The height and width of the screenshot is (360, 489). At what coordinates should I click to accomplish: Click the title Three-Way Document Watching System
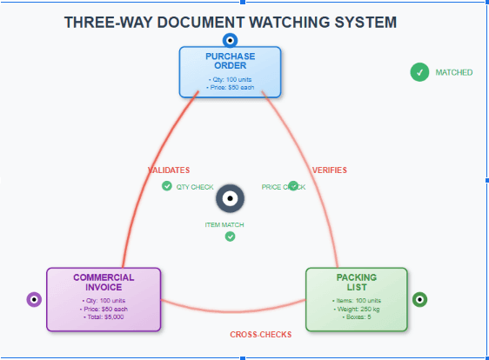[x=230, y=21]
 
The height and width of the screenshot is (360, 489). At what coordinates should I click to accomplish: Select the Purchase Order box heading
[x=230, y=61]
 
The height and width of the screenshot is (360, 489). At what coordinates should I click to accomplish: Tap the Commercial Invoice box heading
[x=104, y=282]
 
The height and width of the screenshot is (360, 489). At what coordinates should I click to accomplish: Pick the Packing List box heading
[x=356, y=282]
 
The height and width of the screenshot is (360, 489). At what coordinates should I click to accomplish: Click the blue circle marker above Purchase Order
[x=230, y=39]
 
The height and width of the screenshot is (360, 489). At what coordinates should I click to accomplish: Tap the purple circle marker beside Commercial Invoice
[x=35, y=300]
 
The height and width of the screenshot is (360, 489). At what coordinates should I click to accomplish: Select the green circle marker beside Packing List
[x=420, y=300]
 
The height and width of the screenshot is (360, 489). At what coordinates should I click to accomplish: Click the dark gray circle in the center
[x=230, y=199]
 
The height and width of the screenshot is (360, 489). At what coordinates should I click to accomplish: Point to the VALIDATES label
[x=168, y=170]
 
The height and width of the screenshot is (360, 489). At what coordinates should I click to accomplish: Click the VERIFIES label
[x=329, y=170]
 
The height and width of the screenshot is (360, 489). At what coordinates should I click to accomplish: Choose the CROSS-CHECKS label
[x=260, y=335]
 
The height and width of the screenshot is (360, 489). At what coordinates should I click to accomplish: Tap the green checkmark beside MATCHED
[x=419, y=72]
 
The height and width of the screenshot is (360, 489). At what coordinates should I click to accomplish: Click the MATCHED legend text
[x=454, y=73]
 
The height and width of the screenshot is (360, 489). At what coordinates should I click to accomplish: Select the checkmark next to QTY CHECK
[x=166, y=186]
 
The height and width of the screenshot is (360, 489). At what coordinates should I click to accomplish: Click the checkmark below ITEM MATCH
[x=230, y=237]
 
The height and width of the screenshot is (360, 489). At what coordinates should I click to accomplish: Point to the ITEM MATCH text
[x=224, y=225]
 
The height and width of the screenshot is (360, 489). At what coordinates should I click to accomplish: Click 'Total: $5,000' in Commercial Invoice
[x=104, y=317]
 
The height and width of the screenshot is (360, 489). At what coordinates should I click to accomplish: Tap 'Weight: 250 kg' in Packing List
[x=356, y=309]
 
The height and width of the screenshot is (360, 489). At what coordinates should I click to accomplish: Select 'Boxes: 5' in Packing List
[x=356, y=317]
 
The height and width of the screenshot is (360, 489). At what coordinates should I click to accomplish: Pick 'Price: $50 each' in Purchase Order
[x=230, y=87]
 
